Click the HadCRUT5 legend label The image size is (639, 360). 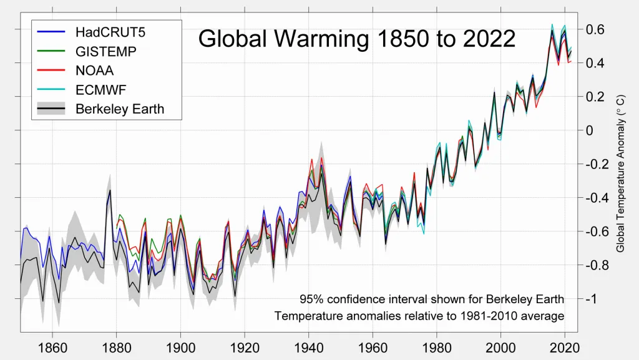[x=112, y=31]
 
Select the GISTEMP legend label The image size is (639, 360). [x=106, y=51]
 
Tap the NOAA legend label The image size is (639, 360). [x=95, y=70]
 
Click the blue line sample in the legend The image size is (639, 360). [x=52, y=31]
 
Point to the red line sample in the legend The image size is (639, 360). [x=52, y=70]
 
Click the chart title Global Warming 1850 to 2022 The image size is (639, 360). [x=356, y=39]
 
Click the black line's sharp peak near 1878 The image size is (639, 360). [x=110, y=191]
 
